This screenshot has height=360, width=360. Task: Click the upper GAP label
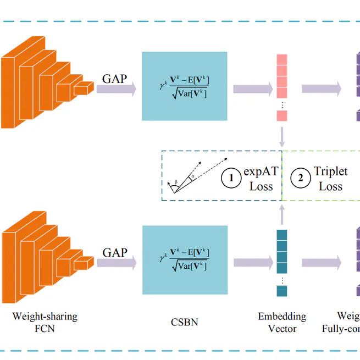coord(114,79)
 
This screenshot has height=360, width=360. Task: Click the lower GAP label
coord(114,253)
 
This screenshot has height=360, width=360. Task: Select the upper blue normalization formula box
coord(184,86)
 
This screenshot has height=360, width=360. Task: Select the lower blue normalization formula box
coord(184,259)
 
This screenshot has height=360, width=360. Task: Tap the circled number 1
coord(231,178)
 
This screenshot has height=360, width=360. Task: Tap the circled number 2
coord(301,178)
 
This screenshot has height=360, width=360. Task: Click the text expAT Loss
coord(261,179)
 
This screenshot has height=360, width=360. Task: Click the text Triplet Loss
coord(330,179)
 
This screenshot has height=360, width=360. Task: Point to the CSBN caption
coord(184,322)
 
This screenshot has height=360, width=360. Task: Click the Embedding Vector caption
coord(282,323)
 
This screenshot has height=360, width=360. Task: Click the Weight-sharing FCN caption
coord(45,323)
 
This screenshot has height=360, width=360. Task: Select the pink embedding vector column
coord(281,87)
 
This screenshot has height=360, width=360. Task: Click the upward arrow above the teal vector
coord(281,215)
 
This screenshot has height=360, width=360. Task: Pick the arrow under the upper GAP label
coord(116,90)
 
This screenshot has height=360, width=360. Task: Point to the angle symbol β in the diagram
coord(175,181)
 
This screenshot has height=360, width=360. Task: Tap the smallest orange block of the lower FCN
coord(84,263)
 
